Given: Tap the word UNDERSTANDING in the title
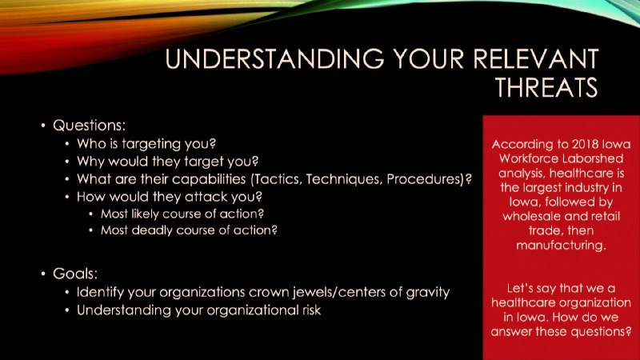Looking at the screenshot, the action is [x=274, y=58].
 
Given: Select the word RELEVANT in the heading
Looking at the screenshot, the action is [x=535, y=58].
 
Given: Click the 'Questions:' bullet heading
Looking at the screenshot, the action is [x=89, y=126].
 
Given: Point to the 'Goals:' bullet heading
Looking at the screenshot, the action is [x=75, y=274].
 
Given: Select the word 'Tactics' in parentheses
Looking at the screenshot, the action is [x=278, y=179].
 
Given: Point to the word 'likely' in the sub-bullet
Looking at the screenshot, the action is [x=145, y=214].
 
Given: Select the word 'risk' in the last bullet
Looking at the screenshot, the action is [x=311, y=310].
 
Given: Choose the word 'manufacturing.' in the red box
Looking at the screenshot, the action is [x=561, y=246].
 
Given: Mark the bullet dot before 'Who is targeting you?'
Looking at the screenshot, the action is [x=67, y=144].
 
